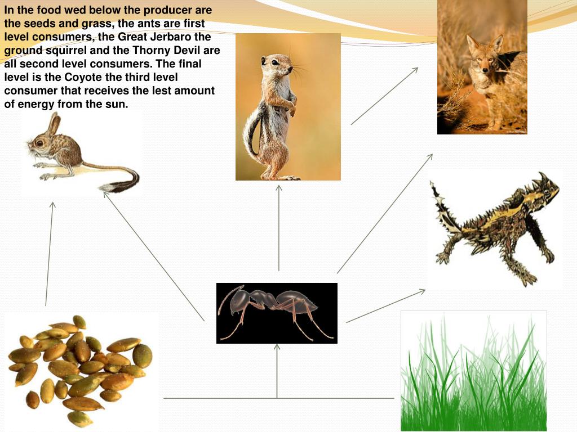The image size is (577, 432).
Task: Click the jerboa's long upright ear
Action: tap(54, 124)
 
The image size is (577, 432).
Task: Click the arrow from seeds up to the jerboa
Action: tap(50, 253)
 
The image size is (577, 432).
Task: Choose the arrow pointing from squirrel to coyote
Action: tap(384, 96)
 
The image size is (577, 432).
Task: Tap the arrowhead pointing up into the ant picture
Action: tap(277, 349)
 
